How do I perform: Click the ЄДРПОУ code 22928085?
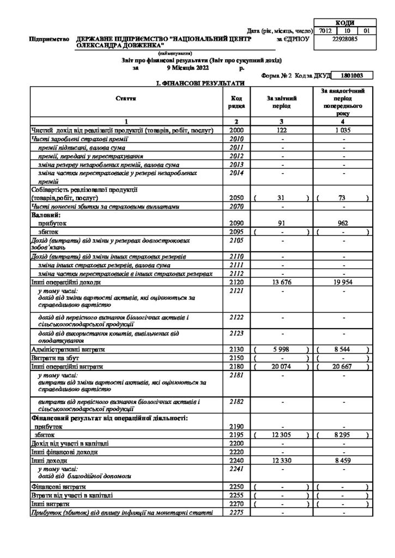344,39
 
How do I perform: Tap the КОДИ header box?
344,23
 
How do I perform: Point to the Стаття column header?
126,98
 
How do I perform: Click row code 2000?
236,131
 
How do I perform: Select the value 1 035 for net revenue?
343,131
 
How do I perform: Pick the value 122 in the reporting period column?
281,131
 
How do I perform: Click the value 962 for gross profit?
343,223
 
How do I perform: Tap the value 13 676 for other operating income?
281,282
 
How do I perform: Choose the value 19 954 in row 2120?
343,282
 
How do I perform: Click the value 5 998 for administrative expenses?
281,349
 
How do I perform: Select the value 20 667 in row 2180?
343,366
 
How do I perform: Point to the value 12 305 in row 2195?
281,435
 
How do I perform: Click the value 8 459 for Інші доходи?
343,460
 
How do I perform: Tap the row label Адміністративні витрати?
69,349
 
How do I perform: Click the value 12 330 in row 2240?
281,460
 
